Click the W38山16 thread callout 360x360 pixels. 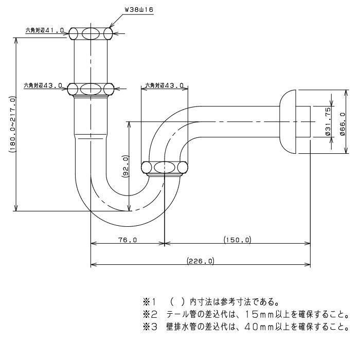[139, 9]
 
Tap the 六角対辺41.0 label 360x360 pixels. [45, 30]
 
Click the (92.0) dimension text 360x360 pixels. [125, 167]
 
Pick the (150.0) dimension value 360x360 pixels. [237, 240]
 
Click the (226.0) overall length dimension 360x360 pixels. [200, 261]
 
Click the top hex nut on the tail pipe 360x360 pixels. [91, 34]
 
